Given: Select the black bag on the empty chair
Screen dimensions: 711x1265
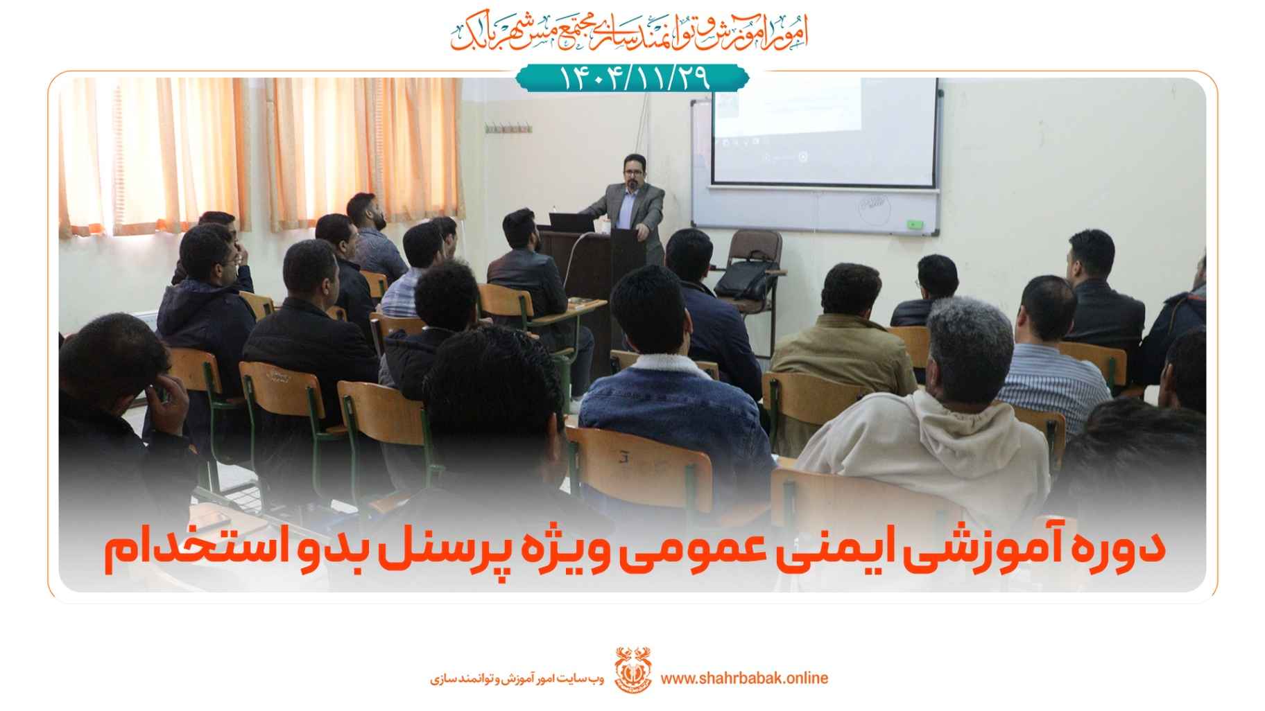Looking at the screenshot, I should [x=741, y=279].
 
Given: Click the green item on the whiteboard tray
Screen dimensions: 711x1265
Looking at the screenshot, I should [x=916, y=225].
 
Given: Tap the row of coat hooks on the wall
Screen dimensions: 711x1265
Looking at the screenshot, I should [x=508, y=128].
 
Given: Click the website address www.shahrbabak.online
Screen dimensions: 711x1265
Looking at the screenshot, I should [x=744, y=678].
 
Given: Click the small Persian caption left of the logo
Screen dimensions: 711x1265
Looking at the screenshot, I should [x=517, y=678].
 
